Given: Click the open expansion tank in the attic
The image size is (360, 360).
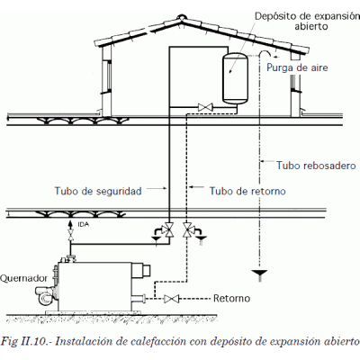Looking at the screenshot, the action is pos(236,78).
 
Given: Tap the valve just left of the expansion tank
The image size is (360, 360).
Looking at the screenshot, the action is pos(206,107).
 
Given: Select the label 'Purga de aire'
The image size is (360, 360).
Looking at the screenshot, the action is pos(297,67).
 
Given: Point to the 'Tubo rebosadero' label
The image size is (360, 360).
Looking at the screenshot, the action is pos(316,166).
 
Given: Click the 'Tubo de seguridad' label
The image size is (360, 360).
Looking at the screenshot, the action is pos(98,191).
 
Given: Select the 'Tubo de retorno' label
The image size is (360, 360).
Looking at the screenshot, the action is pos(247,191).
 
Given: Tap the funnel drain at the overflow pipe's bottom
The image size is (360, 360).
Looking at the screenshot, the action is pos(259,274).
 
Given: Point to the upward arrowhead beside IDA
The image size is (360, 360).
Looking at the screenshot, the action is pos(71,224).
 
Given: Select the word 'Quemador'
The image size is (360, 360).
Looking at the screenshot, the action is pos(23,278).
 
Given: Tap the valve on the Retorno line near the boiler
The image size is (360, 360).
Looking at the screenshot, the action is pos(171,299).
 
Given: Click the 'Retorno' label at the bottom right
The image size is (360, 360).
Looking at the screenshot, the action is pos(231,299).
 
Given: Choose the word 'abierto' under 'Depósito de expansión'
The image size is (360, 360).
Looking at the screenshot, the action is pos(310,26).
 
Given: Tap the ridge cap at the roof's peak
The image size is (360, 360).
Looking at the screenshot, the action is pos(182,17).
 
